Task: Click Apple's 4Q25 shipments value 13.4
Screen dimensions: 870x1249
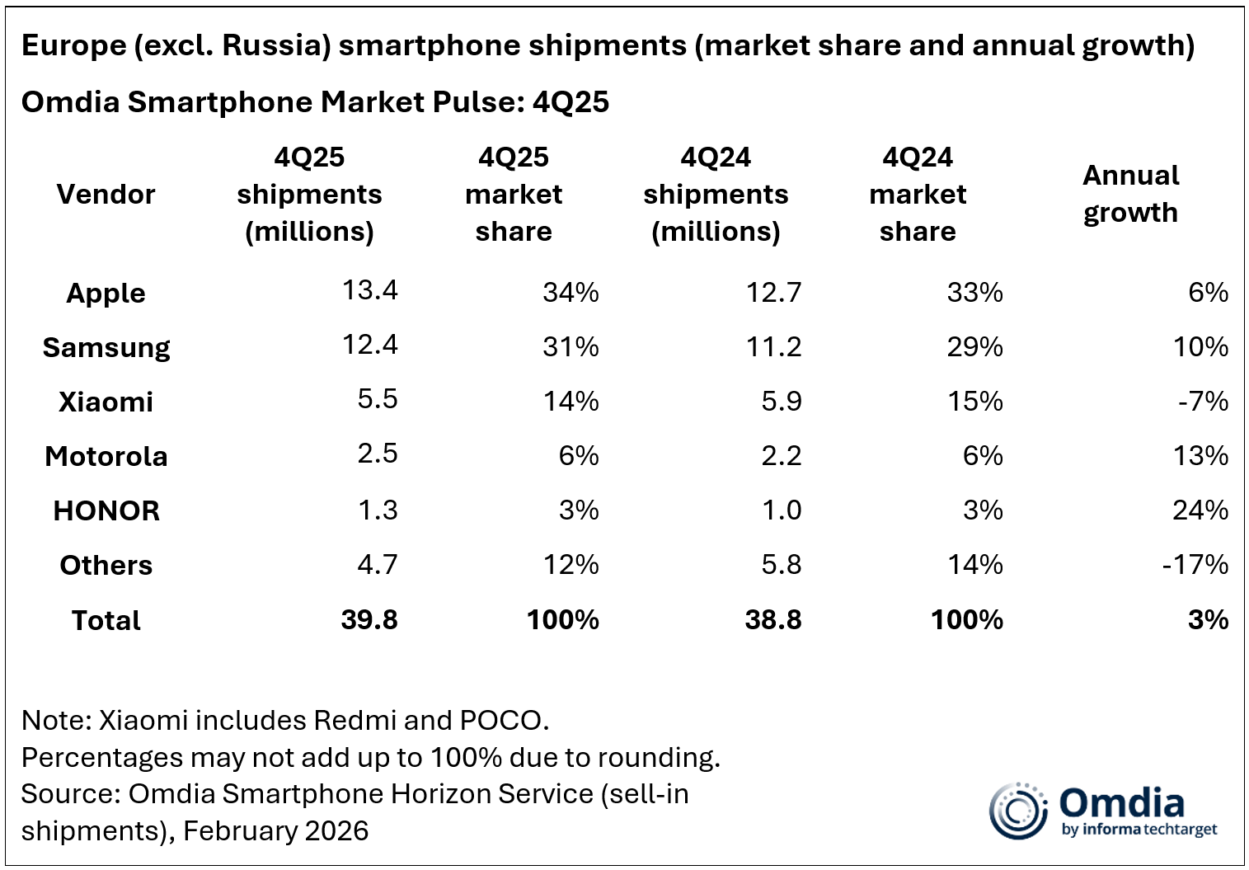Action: tap(369, 290)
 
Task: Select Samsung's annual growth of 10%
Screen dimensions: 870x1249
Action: tap(1200, 346)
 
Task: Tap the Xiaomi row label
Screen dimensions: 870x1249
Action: tap(106, 402)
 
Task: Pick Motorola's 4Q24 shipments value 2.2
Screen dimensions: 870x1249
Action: tap(782, 455)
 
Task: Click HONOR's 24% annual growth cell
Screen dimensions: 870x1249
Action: tap(1200, 510)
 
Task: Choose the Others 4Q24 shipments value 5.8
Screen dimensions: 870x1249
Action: tap(782, 565)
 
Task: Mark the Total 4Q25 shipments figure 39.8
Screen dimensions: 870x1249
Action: tap(369, 620)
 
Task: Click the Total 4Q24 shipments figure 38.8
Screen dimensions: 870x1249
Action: tap(772, 620)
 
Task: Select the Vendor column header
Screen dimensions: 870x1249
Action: tap(106, 195)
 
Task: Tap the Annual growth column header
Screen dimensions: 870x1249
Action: tap(1130, 194)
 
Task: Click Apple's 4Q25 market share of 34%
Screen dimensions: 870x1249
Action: tap(571, 292)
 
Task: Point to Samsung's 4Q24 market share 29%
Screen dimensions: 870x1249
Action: tap(974, 346)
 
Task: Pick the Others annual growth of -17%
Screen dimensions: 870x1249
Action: tap(1195, 565)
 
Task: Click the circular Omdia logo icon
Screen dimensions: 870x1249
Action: tap(1018, 811)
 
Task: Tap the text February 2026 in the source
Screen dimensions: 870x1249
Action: tap(275, 830)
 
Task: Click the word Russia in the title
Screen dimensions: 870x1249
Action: tap(274, 46)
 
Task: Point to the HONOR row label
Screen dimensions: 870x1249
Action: tap(106, 511)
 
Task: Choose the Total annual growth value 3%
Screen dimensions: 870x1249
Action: tap(1208, 620)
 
